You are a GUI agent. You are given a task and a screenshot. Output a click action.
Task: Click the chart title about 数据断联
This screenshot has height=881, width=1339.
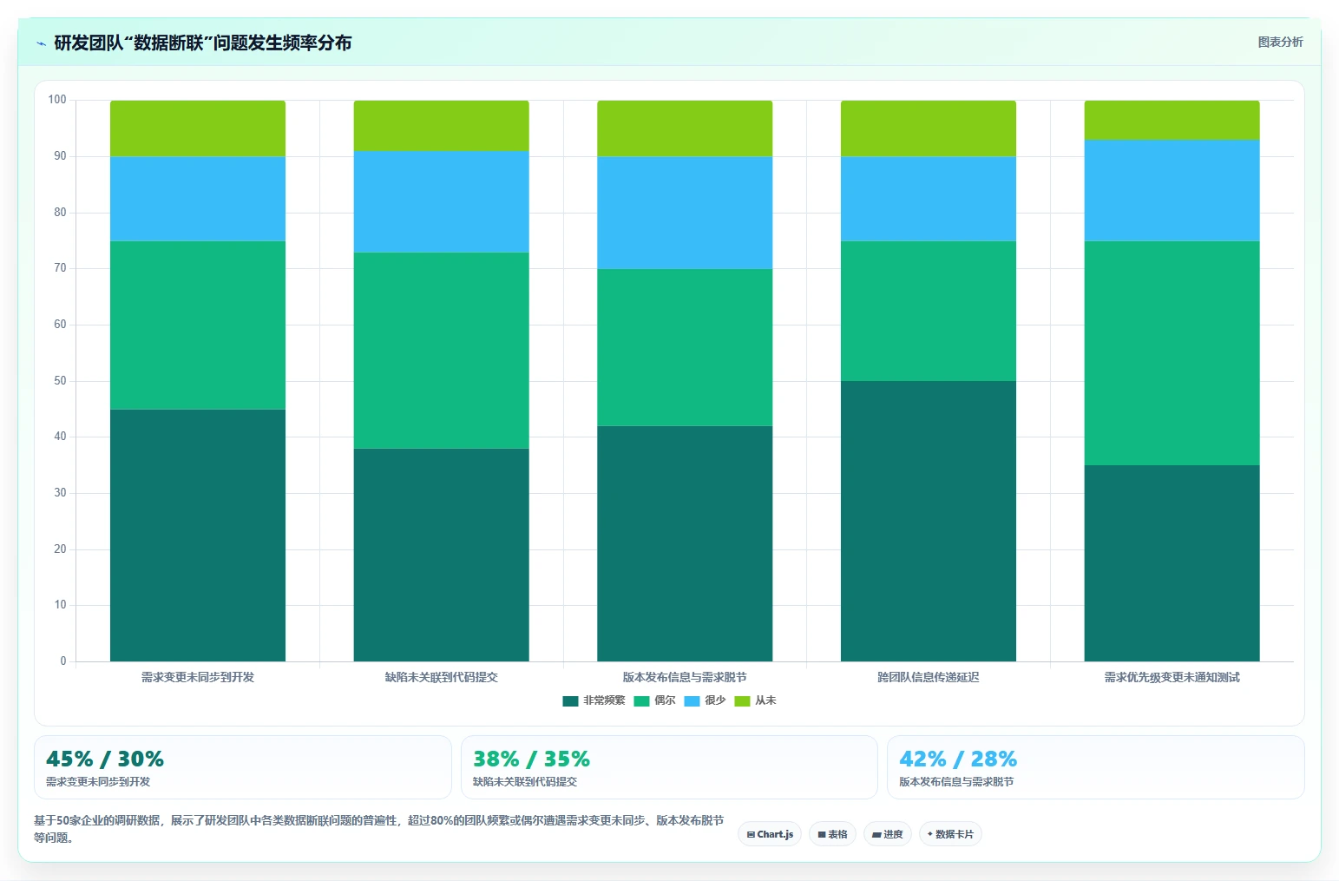click(x=203, y=43)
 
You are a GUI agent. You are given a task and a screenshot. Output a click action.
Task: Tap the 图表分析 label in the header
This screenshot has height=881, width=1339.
click(x=1280, y=42)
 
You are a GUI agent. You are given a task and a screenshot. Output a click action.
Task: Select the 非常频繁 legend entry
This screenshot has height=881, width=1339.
click(x=594, y=700)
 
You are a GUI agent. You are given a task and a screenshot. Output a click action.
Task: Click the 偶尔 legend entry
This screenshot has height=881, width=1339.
click(x=654, y=700)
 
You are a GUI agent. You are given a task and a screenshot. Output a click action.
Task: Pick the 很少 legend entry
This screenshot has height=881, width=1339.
click(x=705, y=700)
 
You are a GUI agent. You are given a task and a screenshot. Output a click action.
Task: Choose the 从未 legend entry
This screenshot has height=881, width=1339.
click(x=755, y=700)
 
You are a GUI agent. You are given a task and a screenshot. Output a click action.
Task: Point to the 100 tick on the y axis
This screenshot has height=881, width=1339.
click(x=57, y=99)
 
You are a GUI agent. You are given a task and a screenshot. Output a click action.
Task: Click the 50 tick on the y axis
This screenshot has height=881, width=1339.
click(x=61, y=380)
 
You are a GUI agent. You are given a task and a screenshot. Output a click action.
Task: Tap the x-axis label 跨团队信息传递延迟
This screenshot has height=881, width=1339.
click(x=929, y=677)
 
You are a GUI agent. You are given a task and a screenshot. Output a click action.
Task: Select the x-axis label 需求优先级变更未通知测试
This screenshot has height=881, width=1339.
click(x=1172, y=677)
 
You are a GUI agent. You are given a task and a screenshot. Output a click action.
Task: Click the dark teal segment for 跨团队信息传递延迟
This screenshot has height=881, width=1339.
click(x=929, y=521)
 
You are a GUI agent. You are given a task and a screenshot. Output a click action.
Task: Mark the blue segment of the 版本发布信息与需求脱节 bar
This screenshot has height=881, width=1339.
click(x=685, y=213)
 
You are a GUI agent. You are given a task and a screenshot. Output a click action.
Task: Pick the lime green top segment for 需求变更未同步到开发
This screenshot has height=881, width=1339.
click(x=198, y=128)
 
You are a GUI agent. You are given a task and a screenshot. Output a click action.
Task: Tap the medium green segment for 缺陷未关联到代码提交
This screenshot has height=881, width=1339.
click(x=441, y=351)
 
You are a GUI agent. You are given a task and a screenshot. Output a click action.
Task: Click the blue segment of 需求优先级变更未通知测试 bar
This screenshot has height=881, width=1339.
click(x=1172, y=190)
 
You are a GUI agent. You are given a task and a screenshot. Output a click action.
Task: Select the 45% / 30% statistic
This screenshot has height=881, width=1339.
click(x=105, y=759)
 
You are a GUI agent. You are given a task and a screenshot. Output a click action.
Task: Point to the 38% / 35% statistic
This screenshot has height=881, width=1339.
click(x=531, y=759)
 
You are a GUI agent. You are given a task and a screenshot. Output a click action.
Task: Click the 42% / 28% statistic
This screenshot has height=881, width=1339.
click(x=958, y=759)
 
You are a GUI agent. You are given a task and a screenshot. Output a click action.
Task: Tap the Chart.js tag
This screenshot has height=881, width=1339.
click(x=770, y=834)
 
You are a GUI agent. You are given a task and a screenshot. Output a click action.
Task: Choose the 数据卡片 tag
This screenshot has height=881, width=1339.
click(x=950, y=834)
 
